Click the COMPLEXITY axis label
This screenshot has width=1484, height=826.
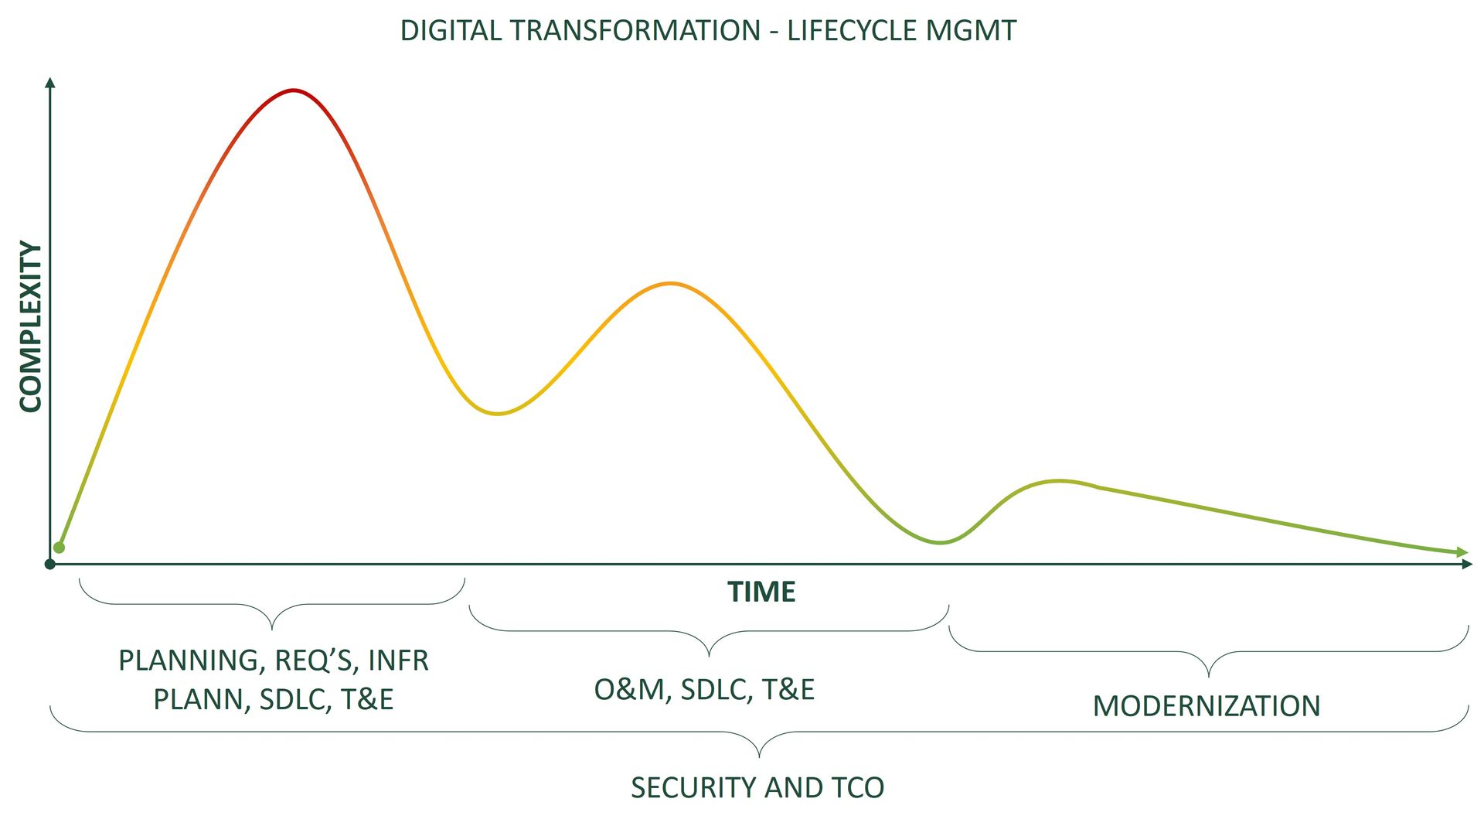click(x=30, y=326)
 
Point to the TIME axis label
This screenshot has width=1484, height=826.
click(x=761, y=592)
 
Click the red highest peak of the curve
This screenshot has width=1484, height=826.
click(x=293, y=90)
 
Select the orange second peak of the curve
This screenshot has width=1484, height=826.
click(x=670, y=283)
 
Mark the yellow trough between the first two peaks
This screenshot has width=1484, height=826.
click(x=497, y=414)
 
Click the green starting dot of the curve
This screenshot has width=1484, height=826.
click(x=59, y=548)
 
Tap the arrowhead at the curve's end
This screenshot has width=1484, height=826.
click(x=1462, y=552)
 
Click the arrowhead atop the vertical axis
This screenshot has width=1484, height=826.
click(x=50, y=82)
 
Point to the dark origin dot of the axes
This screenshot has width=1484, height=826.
click(x=50, y=564)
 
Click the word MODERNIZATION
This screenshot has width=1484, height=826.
click(x=1206, y=706)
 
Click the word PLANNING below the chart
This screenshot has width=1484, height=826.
click(x=188, y=660)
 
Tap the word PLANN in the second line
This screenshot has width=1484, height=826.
click(x=198, y=699)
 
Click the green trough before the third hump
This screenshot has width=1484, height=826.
click(x=939, y=543)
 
